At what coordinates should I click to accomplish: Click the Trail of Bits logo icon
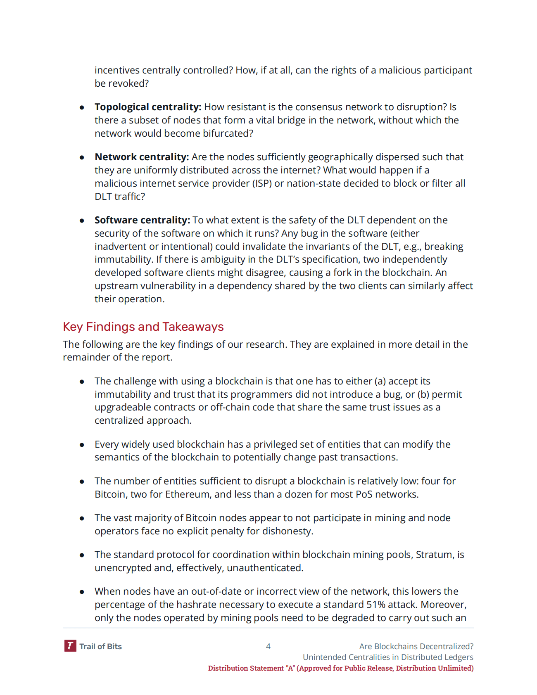coord(70,646)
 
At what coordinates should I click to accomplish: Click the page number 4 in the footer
coord(268,646)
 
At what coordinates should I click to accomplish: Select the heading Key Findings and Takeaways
coord(143,327)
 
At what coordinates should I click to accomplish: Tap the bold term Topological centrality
coord(147,107)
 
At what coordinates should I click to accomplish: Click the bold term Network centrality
coord(141,157)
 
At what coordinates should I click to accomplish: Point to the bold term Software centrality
coord(142,220)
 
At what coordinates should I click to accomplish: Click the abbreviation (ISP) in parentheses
coord(262,183)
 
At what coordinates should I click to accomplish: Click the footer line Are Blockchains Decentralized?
coord(416,646)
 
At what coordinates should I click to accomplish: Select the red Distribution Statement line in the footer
coord(340,668)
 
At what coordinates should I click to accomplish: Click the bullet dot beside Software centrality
coord(82,221)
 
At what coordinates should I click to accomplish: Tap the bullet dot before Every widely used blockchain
coord(82,445)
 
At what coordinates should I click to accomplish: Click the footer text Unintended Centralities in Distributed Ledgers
coord(388,657)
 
